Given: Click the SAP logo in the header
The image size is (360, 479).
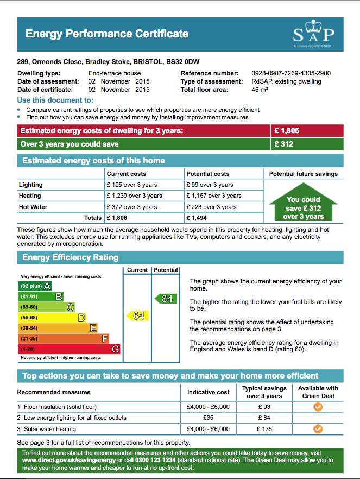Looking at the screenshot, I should click(x=313, y=34).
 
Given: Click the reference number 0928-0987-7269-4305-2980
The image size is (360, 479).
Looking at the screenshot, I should click(x=290, y=73).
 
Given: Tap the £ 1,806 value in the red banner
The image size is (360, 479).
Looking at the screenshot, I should click(x=287, y=131).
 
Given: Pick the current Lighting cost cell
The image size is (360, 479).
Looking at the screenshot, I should click(x=131, y=185).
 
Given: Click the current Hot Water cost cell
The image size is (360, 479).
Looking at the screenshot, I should click(x=131, y=207).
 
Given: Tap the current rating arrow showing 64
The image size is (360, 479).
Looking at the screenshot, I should click(x=137, y=316).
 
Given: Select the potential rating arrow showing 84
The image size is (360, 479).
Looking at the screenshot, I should click(x=166, y=299).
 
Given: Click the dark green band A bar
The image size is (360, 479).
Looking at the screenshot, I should click(x=35, y=286).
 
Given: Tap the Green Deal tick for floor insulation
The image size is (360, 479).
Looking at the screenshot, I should click(x=318, y=407).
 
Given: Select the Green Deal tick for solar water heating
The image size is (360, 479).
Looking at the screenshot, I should click(x=318, y=429).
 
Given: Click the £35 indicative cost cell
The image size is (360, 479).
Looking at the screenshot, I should click(x=208, y=418).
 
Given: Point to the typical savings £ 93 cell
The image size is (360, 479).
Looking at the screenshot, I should click(x=264, y=407).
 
